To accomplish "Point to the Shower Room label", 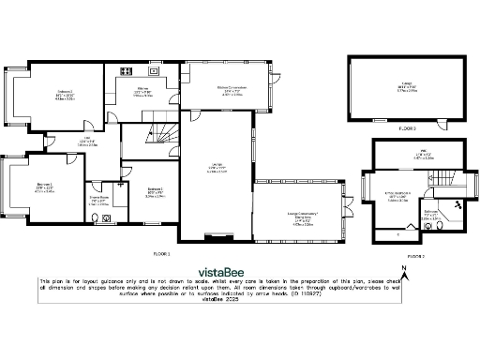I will (98, 201).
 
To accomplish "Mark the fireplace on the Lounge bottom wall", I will (215, 235).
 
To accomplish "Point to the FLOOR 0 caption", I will (407, 127).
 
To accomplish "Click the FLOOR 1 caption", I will (161, 253).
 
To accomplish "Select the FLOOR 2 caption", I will (415, 255).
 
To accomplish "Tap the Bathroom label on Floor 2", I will (431, 216).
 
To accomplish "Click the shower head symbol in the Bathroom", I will (456, 203).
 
